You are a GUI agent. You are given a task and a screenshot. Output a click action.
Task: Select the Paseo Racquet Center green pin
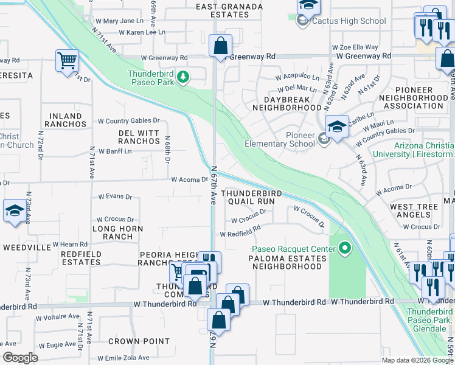[x=346, y=248]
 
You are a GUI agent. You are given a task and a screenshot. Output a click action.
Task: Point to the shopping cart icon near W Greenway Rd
[x=67, y=60]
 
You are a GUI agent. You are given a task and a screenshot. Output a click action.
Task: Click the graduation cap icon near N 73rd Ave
[x=15, y=211]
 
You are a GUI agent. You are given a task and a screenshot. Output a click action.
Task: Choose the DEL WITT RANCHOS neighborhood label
[x=138, y=137]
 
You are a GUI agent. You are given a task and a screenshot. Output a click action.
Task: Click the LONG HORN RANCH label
[x=113, y=232]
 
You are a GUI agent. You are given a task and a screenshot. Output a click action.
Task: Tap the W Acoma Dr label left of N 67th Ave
[x=189, y=179]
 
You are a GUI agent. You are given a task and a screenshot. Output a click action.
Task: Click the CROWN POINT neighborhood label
[x=139, y=341]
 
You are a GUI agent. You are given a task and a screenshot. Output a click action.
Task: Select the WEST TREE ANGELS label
[x=414, y=211]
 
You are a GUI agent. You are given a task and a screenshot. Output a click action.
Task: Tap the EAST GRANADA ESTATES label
[x=229, y=11]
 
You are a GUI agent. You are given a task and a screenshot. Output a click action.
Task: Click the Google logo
[x=20, y=358]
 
